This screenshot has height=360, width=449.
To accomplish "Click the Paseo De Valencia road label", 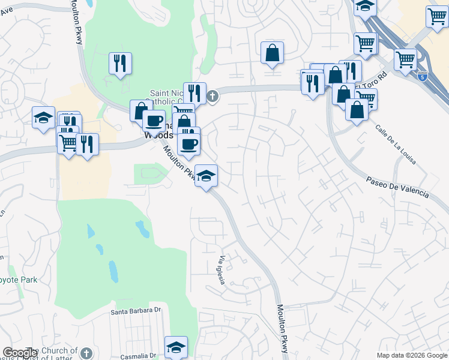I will coord(397,187).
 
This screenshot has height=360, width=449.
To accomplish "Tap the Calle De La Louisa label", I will coord(396,145).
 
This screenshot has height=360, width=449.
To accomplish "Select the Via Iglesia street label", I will coord(221,271).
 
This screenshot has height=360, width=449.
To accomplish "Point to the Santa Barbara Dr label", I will coord(137,311).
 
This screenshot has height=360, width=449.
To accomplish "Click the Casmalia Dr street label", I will coord(142,356).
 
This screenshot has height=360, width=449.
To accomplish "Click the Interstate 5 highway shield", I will coord(423,75).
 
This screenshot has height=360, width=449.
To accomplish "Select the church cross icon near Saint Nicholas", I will coord(212,95).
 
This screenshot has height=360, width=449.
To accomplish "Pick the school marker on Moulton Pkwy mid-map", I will coord(206,176).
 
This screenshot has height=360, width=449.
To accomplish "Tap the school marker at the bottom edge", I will coord(176,347).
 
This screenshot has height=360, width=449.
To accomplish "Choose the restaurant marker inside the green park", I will coord(120,63).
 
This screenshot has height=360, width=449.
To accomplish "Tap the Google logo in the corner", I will coord(20,353).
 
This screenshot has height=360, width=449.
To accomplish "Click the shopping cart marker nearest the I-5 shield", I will coord(406,60).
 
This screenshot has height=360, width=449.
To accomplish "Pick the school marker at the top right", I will coord(364,7).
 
